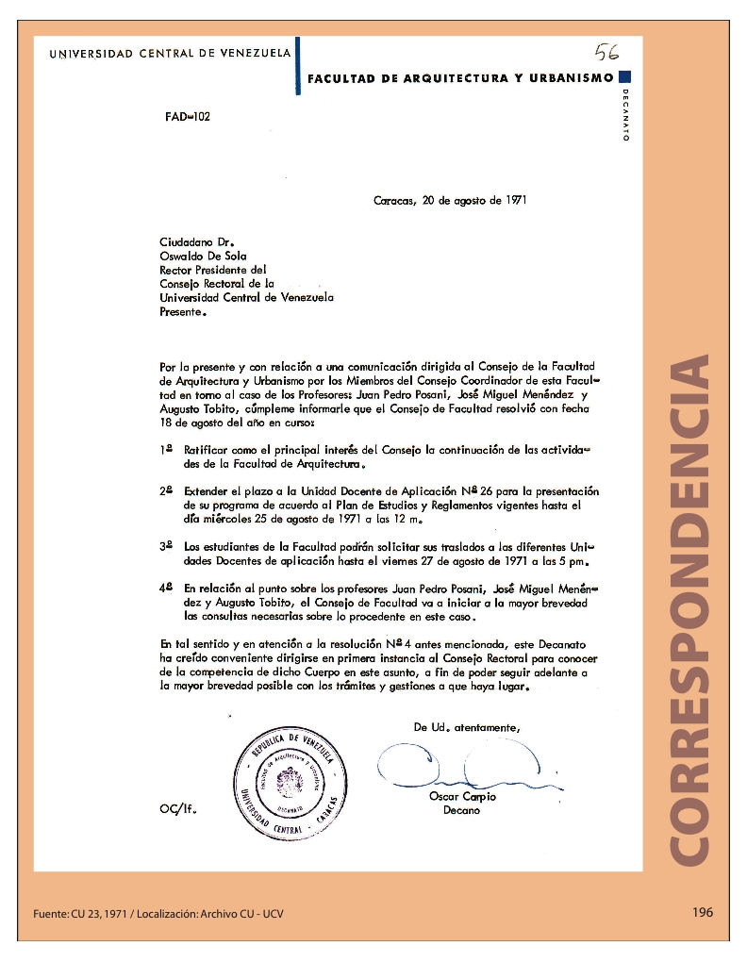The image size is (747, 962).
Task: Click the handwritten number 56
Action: click(x=606, y=51)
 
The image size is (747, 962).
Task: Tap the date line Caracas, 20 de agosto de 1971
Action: click(x=450, y=200)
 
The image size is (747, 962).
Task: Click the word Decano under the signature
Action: click(x=461, y=809)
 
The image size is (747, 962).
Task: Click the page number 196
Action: click(x=702, y=912)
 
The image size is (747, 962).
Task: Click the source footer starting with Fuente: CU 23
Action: click(x=158, y=914)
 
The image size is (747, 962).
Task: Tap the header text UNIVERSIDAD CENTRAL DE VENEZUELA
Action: click(x=170, y=54)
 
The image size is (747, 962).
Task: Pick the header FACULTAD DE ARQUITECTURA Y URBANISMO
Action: click(x=460, y=78)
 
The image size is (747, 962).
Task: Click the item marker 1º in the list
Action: click(x=166, y=450)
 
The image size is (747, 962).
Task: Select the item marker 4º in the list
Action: click(x=166, y=587)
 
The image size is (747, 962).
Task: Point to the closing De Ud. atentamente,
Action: click(x=466, y=727)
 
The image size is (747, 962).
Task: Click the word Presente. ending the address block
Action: click(x=183, y=311)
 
